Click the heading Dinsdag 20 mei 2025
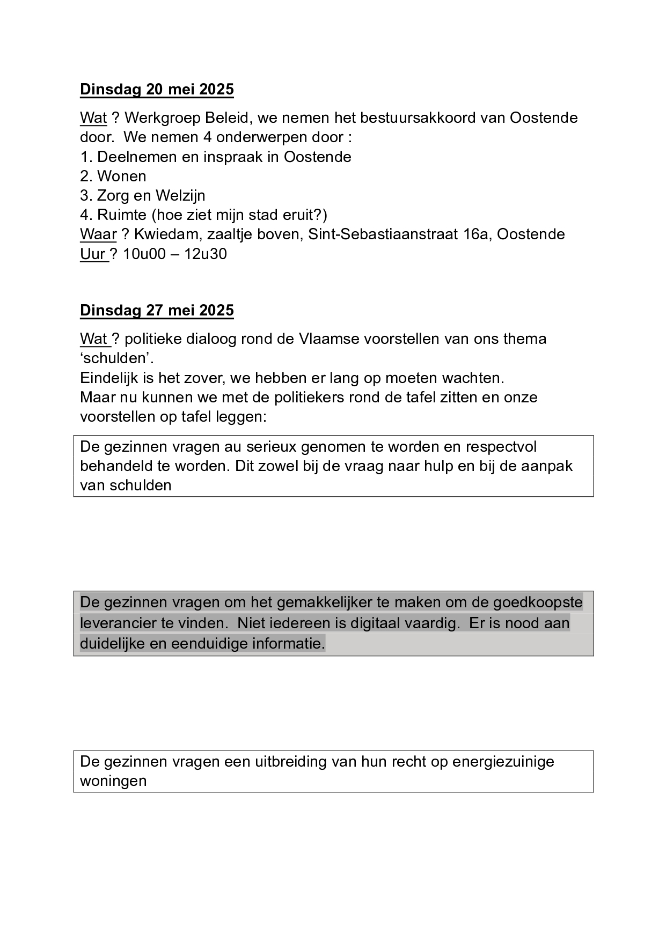click(157, 89)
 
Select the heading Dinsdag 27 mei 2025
click(157, 310)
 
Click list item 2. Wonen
click(113, 176)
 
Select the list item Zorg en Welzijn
click(143, 195)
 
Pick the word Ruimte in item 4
click(122, 215)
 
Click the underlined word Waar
click(98, 234)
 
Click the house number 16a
click(477, 234)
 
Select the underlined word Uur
click(93, 254)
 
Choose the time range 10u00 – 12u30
click(175, 254)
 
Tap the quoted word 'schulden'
click(113, 358)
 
